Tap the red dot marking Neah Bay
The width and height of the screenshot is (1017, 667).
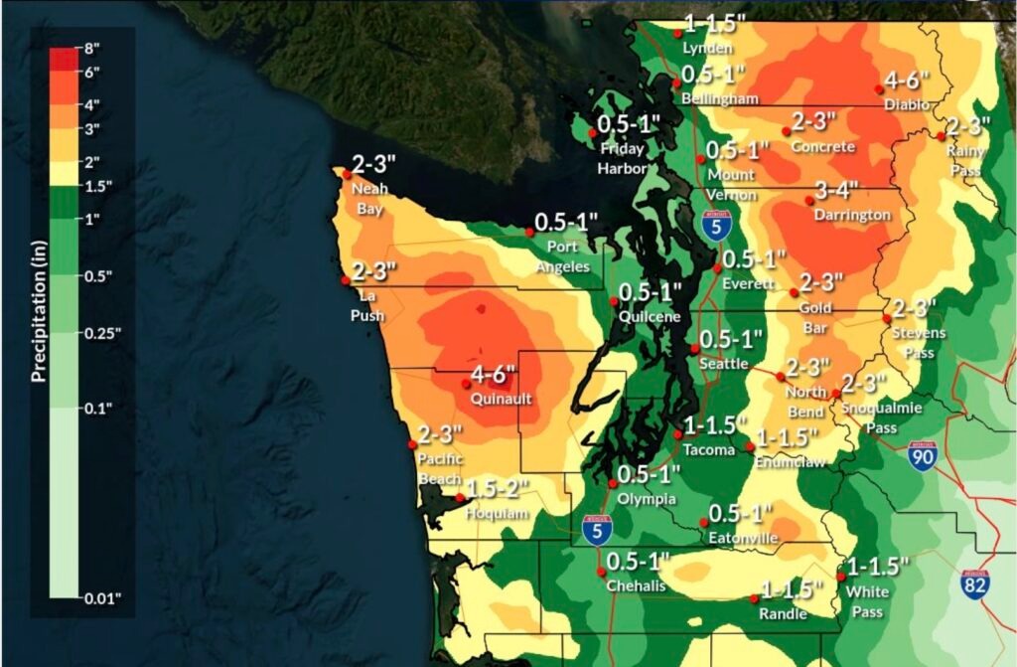coord(347,173)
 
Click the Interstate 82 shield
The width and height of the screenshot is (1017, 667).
coord(974,584)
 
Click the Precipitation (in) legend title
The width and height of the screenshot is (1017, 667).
coord(38,315)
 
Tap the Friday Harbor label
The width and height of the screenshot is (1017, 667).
coord(622,156)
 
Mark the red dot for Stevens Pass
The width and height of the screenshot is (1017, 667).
coord(886,318)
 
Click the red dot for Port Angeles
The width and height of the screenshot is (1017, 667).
coord(527,233)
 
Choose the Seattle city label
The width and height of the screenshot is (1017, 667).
coord(723,364)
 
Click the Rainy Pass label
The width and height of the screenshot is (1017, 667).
coord(963,160)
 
